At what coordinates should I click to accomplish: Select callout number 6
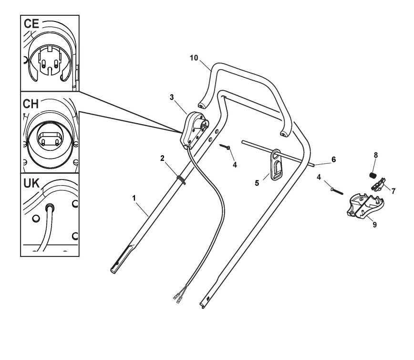click(x=333, y=159)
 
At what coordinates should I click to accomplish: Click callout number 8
click(x=375, y=155)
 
